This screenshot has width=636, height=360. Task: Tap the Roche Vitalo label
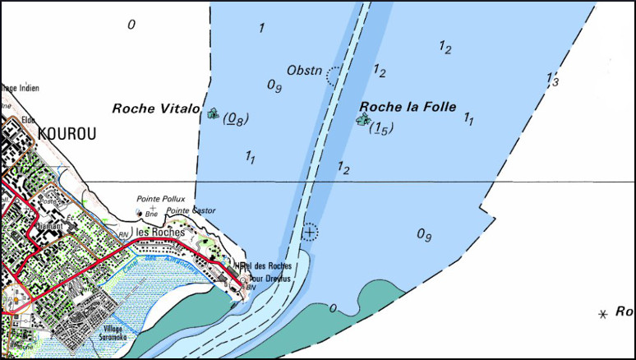click(156, 108)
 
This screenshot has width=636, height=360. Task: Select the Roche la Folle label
click(408, 106)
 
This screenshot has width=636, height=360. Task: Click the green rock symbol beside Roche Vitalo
click(213, 113)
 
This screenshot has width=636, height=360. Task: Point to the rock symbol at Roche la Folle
click(362, 120)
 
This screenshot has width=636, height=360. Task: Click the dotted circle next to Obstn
click(334, 76)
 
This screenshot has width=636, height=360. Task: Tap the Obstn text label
click(304, 69)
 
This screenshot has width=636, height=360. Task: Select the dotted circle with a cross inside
click(309, 232)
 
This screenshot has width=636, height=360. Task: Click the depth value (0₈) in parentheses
click(236, 119)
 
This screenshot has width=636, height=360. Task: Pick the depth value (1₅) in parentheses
click(381, 128)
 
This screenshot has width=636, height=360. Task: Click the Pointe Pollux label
click(161, 199)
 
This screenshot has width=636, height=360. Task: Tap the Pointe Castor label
click(191, 210)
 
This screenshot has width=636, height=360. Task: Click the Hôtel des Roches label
click(263, 266)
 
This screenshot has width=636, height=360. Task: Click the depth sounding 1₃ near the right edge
click(552, 80)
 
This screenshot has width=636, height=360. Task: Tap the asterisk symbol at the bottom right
click(604, 314)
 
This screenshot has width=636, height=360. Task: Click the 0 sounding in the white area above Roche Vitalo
click(131, 25)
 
